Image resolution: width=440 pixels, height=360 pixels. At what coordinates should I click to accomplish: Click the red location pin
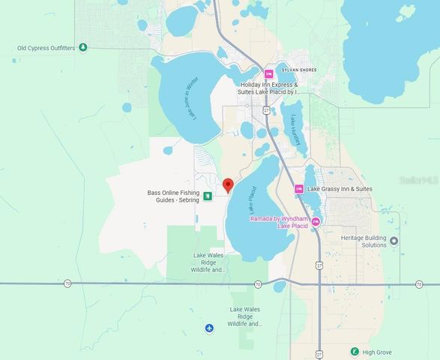click(228, 184)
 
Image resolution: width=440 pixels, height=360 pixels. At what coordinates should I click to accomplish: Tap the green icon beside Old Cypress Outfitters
click(83, 48)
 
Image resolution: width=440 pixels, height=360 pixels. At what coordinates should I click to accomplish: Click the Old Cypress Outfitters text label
click(46, 48)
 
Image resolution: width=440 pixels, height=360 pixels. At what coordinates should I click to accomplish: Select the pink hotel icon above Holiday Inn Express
click(268, 73)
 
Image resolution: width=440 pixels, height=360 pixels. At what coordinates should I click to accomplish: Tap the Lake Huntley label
click(295, 130)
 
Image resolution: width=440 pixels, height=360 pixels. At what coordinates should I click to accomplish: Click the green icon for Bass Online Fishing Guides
click(208, 196)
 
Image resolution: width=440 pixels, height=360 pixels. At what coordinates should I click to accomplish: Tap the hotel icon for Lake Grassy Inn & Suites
click(299, 189)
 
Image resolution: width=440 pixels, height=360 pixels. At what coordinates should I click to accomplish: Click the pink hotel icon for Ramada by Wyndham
click(316, 220)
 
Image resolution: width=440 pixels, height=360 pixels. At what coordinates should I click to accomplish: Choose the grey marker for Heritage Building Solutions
click(394, 241)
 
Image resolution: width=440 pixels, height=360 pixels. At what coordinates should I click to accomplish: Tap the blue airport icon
click(209, 328)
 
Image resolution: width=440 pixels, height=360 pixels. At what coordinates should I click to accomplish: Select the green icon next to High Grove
click(355, 351)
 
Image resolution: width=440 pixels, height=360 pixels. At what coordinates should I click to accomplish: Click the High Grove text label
click(379, 351)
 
